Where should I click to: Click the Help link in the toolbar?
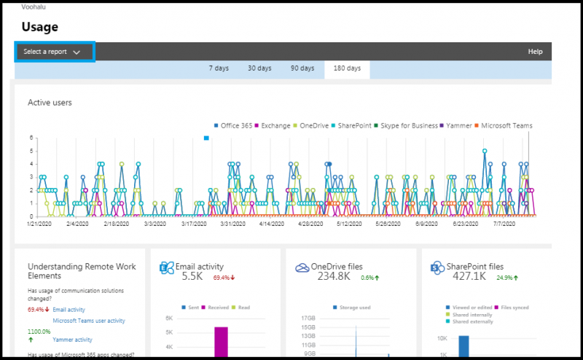click(535, 52)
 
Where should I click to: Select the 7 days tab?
click(219, 69)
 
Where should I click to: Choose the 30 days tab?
click(259, 69)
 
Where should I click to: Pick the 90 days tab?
click(302, 69)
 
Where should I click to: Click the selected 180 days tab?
click(347, 69)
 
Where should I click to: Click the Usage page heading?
click(39, 27)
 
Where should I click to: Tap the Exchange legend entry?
click(275, 125)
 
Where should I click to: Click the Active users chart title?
click(50, 102)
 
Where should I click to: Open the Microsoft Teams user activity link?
click(88, 320)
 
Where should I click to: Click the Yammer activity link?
click(72, 339)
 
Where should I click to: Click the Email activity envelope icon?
click(166, 268)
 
